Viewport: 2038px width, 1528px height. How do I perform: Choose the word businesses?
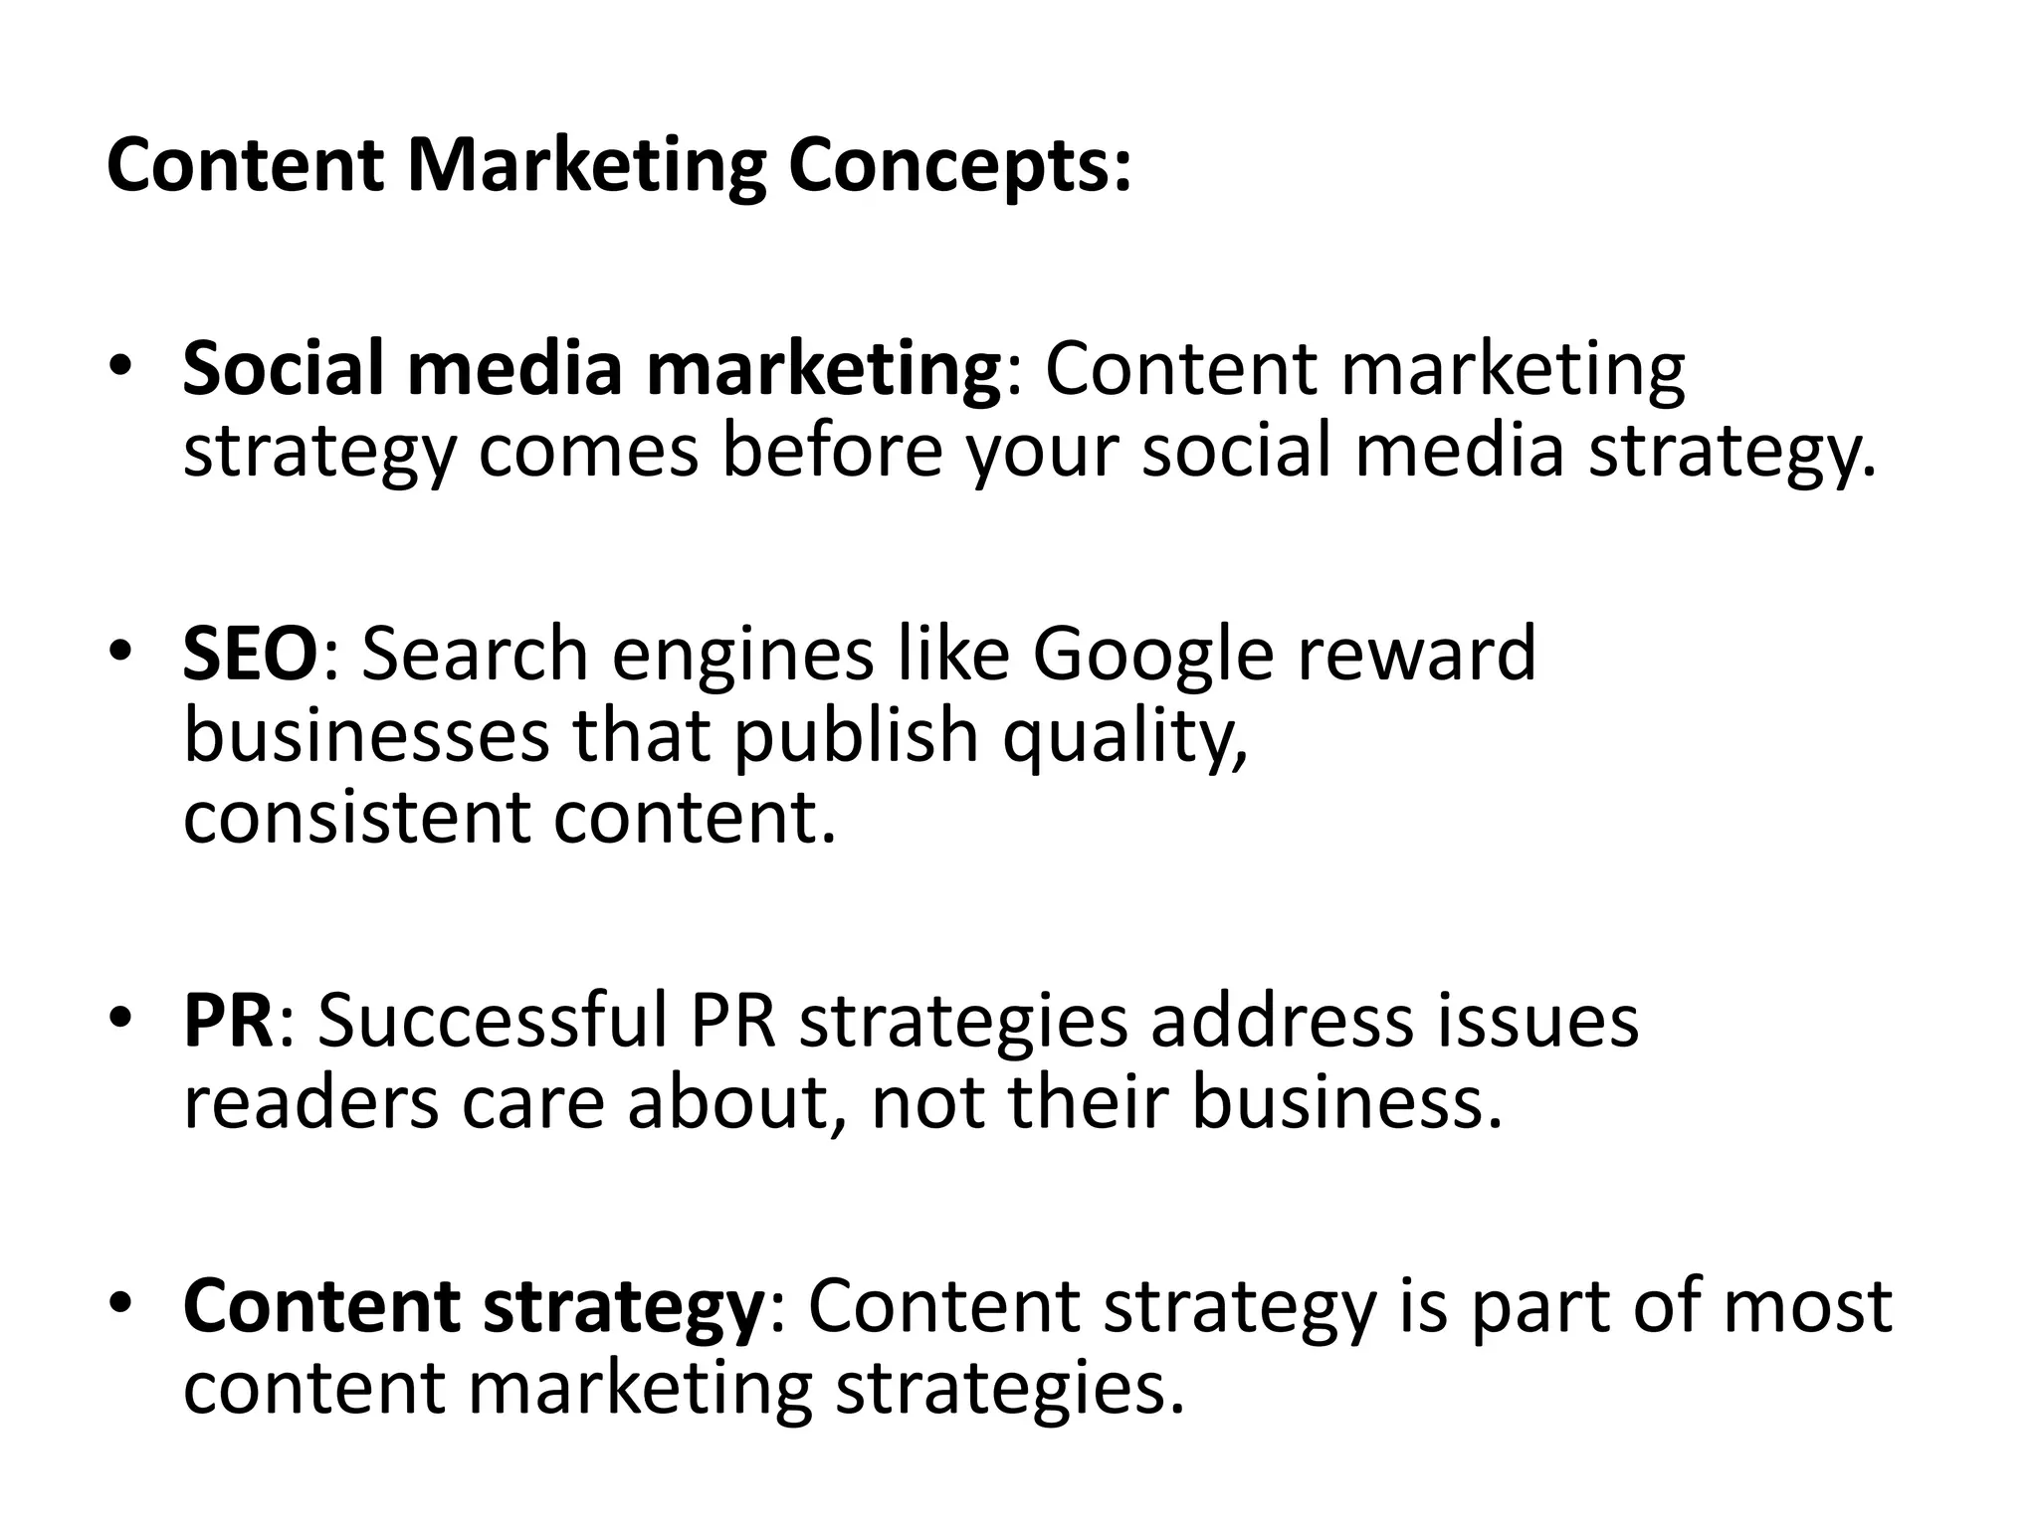tap(366, 736)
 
